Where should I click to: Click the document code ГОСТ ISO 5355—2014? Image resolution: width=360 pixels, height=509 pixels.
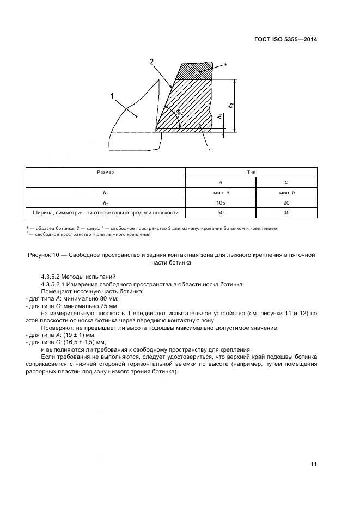(x=285, y=40)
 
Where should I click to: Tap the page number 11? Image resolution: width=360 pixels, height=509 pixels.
(x=313, y=464)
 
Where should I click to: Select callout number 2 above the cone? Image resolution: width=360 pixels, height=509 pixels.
(x=151, y=62)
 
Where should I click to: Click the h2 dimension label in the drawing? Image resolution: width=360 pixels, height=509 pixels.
(x=231, y=105)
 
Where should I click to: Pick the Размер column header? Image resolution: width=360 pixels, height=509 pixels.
(x=106, y=171)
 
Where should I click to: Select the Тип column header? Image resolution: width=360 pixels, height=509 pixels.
(x=251, y=171)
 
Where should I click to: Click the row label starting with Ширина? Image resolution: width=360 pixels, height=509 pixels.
(x=106, y=213)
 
